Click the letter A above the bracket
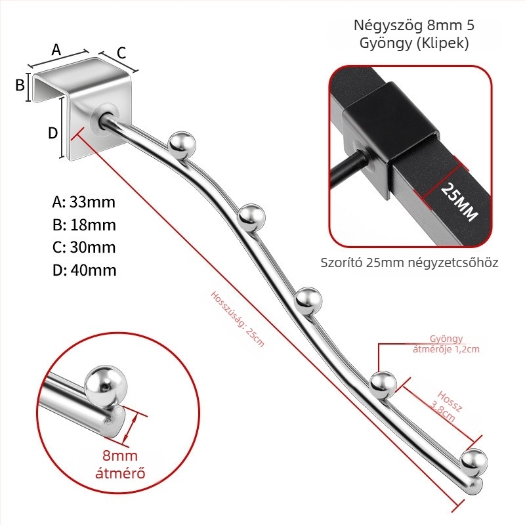tap(56, 50)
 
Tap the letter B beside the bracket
tap(20, 85)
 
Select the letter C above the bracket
tap(121, 53)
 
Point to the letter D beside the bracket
tap(53, 133)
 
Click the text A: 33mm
tap(84, 202)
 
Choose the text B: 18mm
tap(84, 225)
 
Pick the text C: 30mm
tap(84, 247)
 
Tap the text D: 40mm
tap(85, 270)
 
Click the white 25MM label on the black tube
tap(459, 202)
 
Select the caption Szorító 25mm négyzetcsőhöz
tap(409, 262)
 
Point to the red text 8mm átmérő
tap(120, 465)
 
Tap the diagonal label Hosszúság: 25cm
tap(238, 319)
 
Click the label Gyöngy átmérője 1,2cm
tap(446, 344)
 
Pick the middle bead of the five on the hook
tap(308, 301)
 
